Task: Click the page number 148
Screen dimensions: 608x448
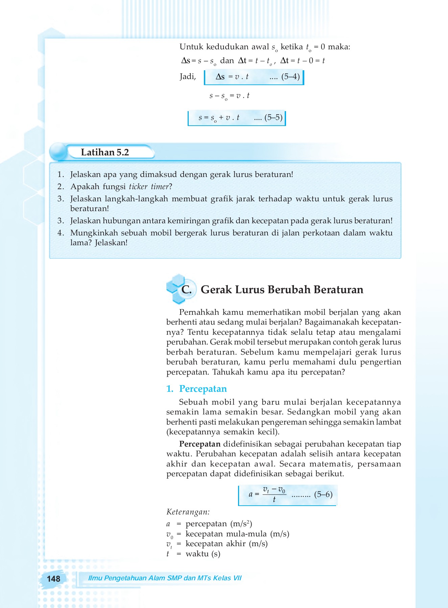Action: pos(53,579)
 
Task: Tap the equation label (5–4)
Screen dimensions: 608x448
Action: pos(290,77)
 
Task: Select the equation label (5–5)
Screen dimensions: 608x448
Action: pos(273,118)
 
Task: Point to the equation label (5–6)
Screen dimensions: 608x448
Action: pos(323,495)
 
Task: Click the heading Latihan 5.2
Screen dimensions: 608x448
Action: pos(105,152)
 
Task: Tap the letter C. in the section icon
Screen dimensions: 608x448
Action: pos(186,289)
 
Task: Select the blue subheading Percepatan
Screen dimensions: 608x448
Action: pos(203,389)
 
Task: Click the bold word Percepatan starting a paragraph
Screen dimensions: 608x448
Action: pos(200,444)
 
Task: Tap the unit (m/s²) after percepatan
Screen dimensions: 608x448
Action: pos(241,524)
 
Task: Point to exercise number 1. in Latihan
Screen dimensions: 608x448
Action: pos(61,175)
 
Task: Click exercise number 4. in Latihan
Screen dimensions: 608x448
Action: pos(61,233)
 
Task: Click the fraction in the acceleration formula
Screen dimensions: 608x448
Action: pos(274,495)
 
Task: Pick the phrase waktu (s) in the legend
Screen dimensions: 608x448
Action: pos(203,554)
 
